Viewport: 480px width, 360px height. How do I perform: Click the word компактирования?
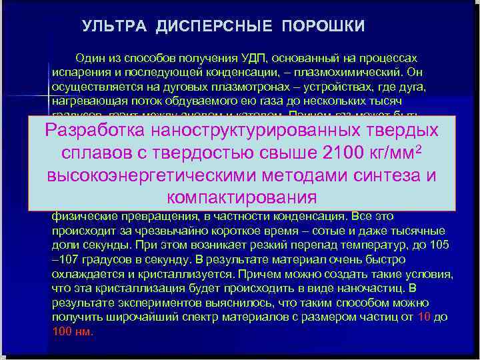241,198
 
